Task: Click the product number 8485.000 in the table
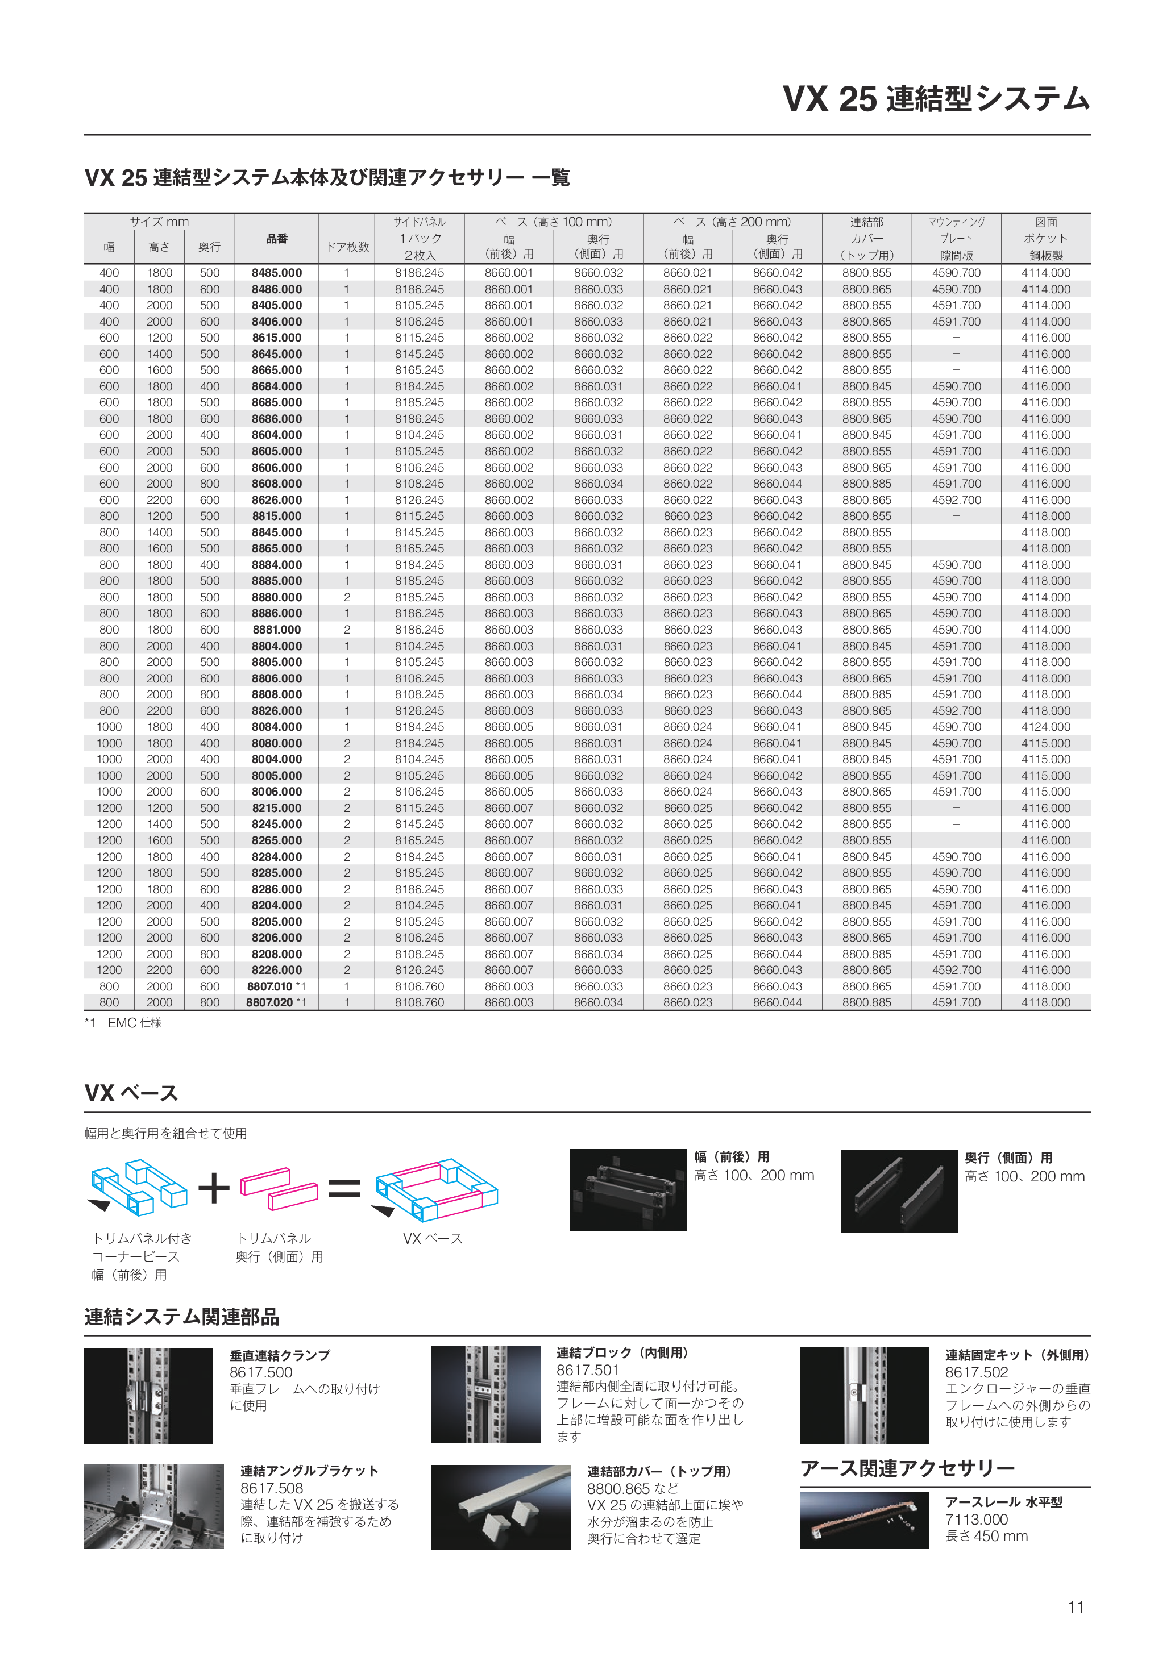tap(276, 273)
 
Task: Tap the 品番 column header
tap(276, 239)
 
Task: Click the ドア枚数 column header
tap(347, 247)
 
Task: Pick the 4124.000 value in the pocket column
tap(1045, 727)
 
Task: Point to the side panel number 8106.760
tap(420, 986)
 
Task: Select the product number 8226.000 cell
tap(276, 970)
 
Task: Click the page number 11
tap(1076, 1607)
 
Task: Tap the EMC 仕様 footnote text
tap(135, 1023)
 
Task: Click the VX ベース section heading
tap(131, 1093)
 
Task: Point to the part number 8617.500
tap(260, 1372)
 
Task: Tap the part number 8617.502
tap(976, 1372)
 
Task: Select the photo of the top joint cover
tap(499, 1508)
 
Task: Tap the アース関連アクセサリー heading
tap(907, 1468)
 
